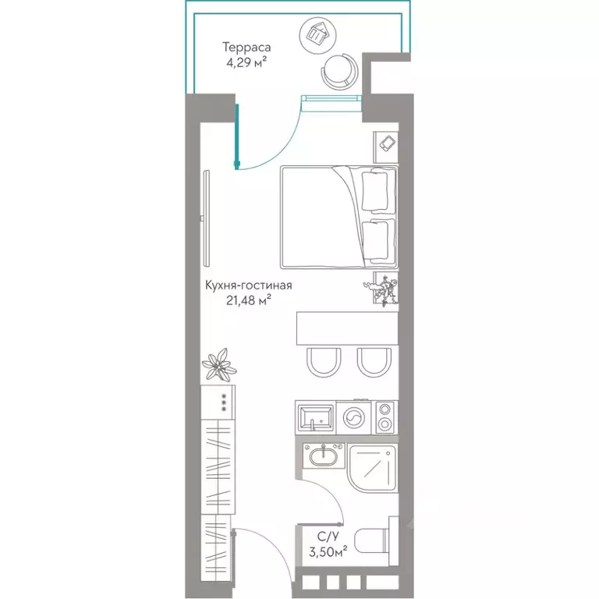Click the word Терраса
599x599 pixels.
[246, 48]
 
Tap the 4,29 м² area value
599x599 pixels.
[246, 62]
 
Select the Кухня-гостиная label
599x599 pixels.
[249, 285]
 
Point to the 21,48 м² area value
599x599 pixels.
[249, 300]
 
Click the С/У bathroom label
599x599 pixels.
[328, 537]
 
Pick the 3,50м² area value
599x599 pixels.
[328, 552]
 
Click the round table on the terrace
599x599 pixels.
[318, 35]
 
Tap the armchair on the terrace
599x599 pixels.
[340, 71]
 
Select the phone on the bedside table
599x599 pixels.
[388, 144]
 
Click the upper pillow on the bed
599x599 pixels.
[374, 190]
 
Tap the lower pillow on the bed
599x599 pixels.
[374, 241]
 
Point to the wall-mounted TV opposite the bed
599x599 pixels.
[207, 219]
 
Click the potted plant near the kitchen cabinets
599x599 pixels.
[219, 364]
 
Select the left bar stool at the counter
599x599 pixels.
[323, 362]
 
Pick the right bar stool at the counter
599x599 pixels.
[374, 362]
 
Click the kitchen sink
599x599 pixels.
[315, 417]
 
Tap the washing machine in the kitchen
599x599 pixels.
[354, 417]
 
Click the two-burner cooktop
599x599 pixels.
[385, 417]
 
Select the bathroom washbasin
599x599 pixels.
[324, 455]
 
